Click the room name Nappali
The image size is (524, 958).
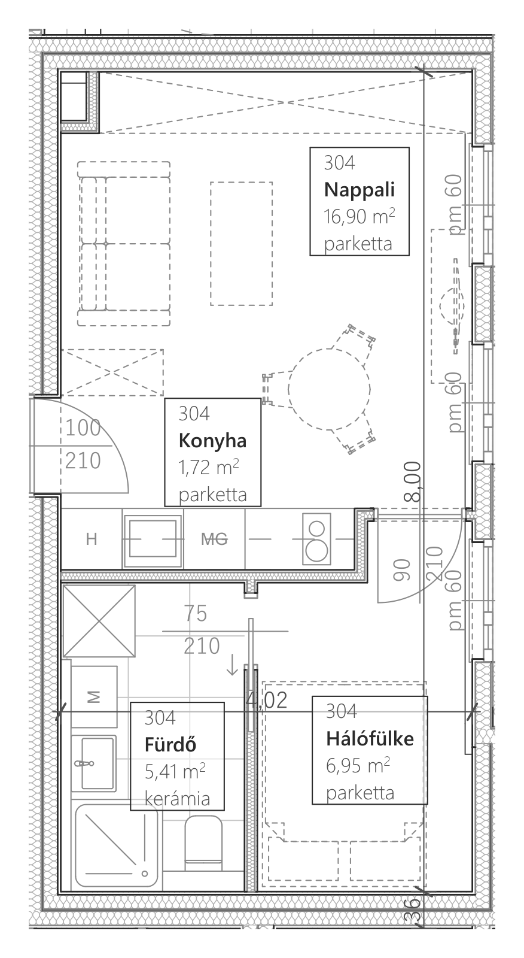pyautogui.click(x=360, y=189)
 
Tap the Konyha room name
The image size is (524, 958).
pyautogui.click(x=213, y=441)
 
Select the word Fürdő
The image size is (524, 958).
pyautogui.click(x=170, y=745)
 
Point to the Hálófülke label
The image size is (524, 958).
pyautogui.click(x=370, y=739)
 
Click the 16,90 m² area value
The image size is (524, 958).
pyautogui.click(x=360, y=216)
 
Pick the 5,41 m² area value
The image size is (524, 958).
pyautogui.click(x=175, y=771)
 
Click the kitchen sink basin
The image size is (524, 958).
pyautogui.click(x=153, y=538)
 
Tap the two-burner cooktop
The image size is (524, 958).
pyautogui.click(x=316, y=538)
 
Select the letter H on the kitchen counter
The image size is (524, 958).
pyautogui.click(x=92, y=539)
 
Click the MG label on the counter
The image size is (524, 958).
pyautogui.click(x=215, y=539)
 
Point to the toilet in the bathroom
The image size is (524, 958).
pyautogui.click(x=203, y=843)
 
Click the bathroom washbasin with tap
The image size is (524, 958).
pyautogui.click(x=93, y=763)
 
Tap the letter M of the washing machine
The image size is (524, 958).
pyautogui.click(x=93, y=697)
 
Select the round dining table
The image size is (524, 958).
pyautogui.click(x=329, y=390)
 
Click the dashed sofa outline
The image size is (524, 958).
pyautogui.click(x=124, y=244)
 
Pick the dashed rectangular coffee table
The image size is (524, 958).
pyautogui.click(x=242, y=244)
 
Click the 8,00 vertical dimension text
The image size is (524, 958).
pyautogui.click(x=413, y=481)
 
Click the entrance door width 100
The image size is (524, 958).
pyautogui.click(x=83, y=428)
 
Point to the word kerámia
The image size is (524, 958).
pyautogui.click(x=178, y=799)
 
